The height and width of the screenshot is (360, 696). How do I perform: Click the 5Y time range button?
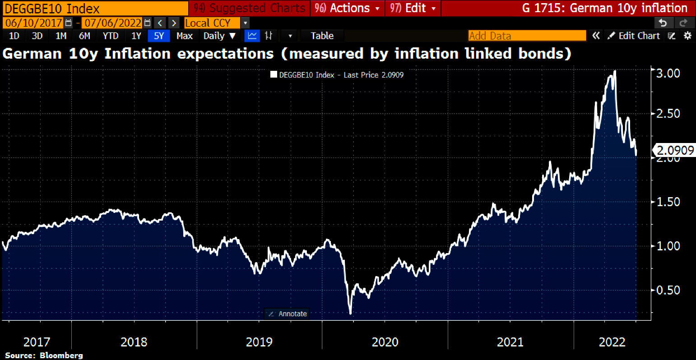coord(159,36)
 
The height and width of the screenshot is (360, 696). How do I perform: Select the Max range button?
coord(185,36)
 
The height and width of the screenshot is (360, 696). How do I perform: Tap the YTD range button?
coord(110,36)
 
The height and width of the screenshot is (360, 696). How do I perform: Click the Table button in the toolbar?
coord(322,36)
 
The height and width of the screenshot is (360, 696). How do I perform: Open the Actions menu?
coord(348,8)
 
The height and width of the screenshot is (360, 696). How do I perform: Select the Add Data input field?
coord(526,36)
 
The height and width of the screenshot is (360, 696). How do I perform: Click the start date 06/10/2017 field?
coord(34,23)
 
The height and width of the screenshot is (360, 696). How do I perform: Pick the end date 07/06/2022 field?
coord(113,23)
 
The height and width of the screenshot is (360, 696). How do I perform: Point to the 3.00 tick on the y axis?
coord(668,73)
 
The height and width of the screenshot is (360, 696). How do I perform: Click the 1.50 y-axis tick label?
coord(668,202)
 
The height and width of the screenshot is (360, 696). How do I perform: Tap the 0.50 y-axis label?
coord(668,290)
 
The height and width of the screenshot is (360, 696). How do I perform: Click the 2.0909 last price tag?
coord(675,150)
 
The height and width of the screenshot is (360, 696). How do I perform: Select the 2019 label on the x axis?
coord(259,342)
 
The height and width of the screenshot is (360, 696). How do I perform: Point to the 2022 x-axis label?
coord(612,342)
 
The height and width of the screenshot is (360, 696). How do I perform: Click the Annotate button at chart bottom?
coord(288,314)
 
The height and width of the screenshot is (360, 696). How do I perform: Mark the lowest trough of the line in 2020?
coord(350,313)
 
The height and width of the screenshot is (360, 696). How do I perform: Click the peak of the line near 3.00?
coord(614,71)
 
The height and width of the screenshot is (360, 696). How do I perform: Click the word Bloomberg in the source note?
coord(61,355)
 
